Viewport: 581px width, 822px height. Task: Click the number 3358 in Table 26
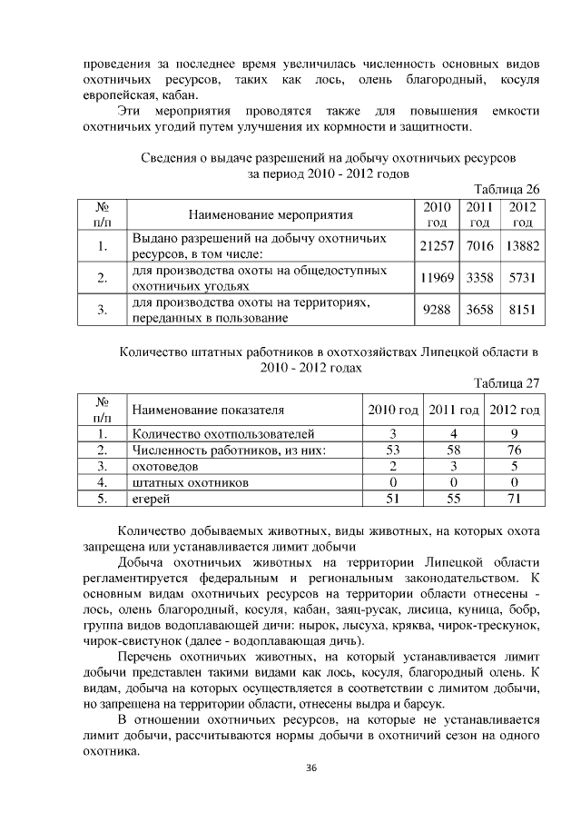[479, 278]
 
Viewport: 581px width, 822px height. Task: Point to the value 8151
[522, 310]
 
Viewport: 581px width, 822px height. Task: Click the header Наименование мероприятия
[270, 214]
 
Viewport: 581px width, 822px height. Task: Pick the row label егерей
[151, 498]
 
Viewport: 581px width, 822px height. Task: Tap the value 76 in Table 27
[514, 449]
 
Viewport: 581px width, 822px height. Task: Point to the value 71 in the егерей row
[514, 498]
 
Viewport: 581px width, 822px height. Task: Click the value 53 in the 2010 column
[392, 449]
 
